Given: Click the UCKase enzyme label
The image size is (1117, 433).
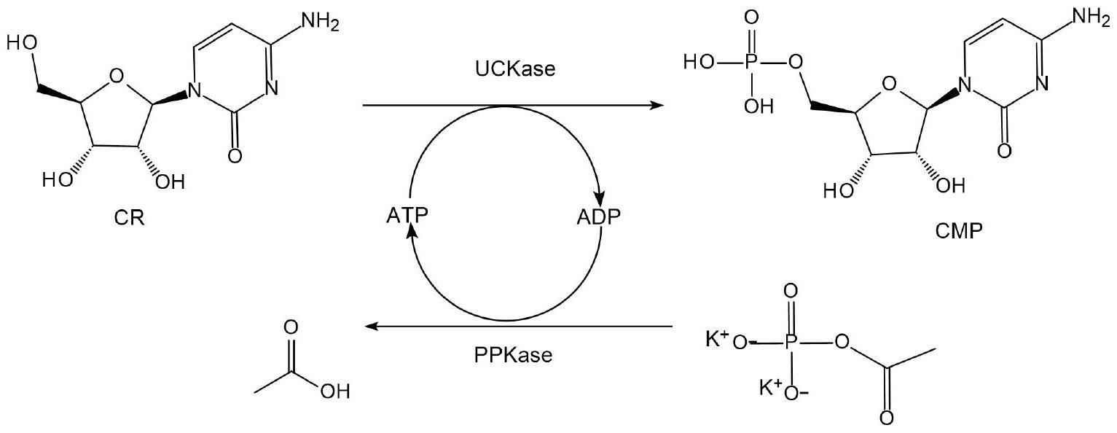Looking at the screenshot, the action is click(x=515, y=69).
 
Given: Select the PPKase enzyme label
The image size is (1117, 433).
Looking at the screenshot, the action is click(x=513, y=355).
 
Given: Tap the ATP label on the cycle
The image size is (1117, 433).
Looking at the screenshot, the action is click(x=407, y=216).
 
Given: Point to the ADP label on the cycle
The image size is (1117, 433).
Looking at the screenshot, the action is click(x=599, y=217).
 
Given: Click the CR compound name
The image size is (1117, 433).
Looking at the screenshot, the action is click(x=130, y=218).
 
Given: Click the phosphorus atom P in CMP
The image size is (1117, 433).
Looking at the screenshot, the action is click(x=753, y=63).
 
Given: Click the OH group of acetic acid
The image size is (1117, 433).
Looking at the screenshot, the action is click(x=335, y=391).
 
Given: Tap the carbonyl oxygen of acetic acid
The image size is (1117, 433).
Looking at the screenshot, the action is click(x=291, y=328).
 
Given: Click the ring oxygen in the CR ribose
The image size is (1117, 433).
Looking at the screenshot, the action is click(x=116, y=76).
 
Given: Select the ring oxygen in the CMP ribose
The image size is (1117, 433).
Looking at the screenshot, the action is click(x=889, y=83).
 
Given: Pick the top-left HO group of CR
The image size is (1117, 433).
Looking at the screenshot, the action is click(x=22, y=43).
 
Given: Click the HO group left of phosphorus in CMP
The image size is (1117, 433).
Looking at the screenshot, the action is click(x=698, y=63).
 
